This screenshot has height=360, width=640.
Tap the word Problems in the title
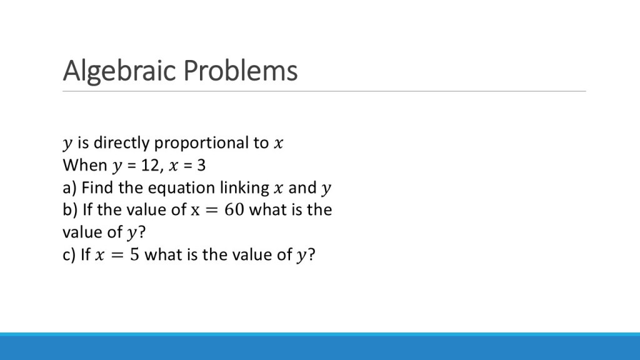click(241, 70)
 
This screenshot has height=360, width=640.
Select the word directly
click(122, 143)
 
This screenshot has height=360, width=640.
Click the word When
click(85, 165)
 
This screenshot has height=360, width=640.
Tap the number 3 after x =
click(201, 165)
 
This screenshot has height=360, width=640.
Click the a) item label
click(70, 188)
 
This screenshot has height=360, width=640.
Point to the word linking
click(245, 188)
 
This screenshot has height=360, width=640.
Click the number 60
click(234, 210)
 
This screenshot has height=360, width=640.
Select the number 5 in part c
click(135, 255)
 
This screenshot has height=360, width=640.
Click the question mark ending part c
click(311, 254)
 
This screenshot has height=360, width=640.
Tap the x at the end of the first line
click(278, 144)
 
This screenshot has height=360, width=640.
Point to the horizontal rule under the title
click(324, 91)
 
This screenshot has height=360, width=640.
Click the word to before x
click(261, 143)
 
